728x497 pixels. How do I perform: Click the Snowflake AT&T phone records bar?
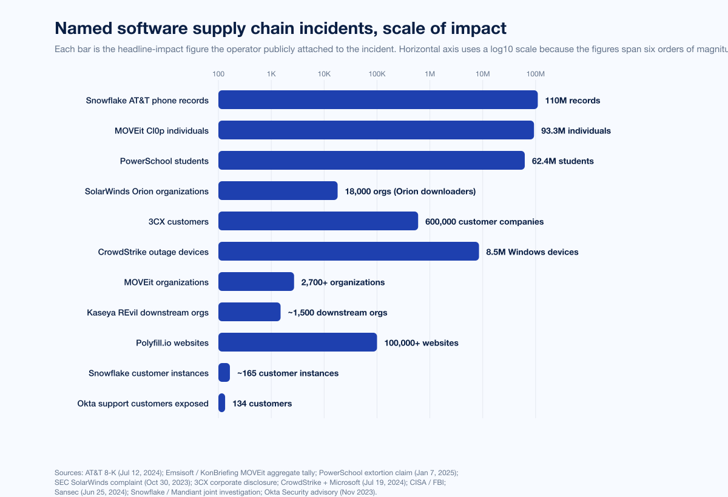tap(378, 100)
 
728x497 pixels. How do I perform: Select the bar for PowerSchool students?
tap(371, 161)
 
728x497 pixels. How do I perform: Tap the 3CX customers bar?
tap(318, 221)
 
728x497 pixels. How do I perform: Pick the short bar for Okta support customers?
tap(222, 403)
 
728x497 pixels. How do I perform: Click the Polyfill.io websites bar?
tap(297, 342)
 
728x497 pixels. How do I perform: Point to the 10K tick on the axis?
tap(324, 74)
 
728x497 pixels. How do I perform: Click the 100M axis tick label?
tap(535, 74)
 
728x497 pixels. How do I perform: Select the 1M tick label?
tap(430, 74)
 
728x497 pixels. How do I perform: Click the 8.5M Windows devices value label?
tap(532, 252)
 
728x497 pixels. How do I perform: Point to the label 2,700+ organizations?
tap(343, 282)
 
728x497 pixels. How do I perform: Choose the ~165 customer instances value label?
tap(288, 373)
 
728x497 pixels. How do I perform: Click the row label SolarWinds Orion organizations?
tap(147, 192)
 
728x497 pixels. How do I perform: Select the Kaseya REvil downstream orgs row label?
tap(148, 313)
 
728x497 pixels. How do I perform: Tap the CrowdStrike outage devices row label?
tap(153, 252)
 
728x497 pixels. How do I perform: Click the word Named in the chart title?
tap(82, 28)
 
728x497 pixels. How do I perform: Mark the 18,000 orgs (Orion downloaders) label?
tap(410, 192)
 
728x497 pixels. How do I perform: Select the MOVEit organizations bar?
tap(256, 282)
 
